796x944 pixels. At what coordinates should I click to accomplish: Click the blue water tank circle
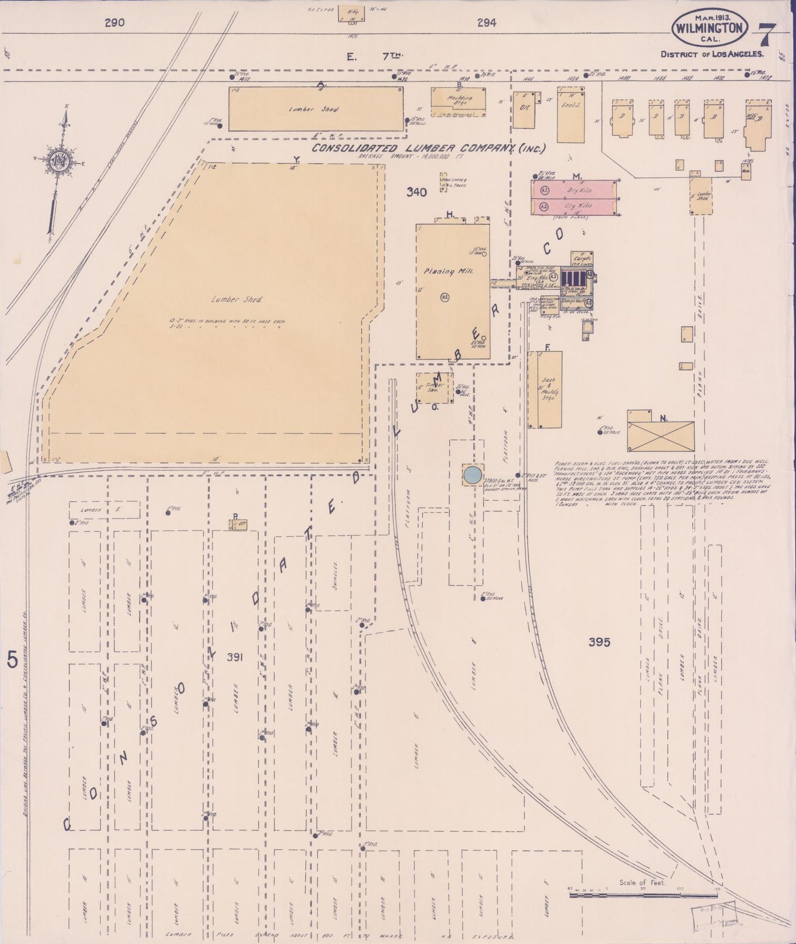click(x=472, y=475)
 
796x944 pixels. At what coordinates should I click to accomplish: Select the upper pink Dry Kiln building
click(x=574, y=190)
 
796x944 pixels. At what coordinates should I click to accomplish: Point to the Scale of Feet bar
click(x=642, y=896)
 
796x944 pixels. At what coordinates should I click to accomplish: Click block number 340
click(x=416, y=192)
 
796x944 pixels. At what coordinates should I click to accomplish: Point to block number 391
click(x=235, y=657)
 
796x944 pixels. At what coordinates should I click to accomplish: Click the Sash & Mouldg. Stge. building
click(x=545, y=389)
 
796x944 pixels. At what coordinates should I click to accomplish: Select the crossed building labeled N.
click(x=660, y=436)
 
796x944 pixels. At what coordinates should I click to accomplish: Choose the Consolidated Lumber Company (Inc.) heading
click(x=429, y=148)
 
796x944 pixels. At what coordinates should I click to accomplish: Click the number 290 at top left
click(x=114, y=23)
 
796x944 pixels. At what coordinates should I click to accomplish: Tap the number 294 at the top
click(x=486, y=23)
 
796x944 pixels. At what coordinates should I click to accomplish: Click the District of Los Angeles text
click(x=712, y=54)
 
